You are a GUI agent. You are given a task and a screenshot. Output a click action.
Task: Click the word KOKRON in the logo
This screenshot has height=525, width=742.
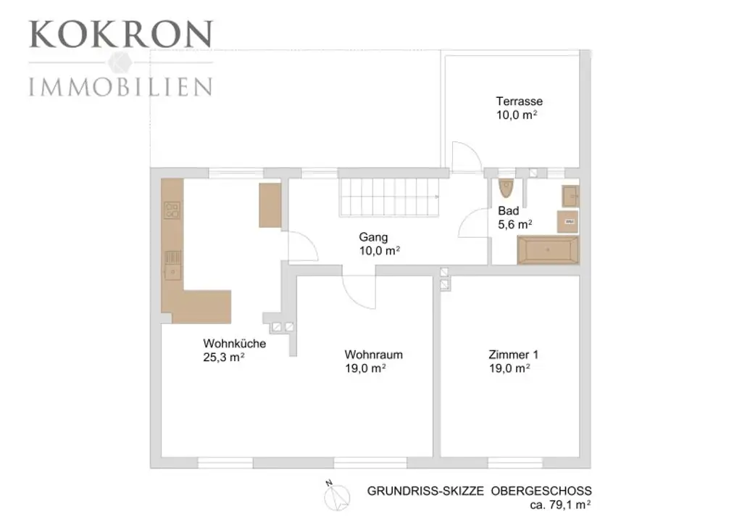pos(121,34)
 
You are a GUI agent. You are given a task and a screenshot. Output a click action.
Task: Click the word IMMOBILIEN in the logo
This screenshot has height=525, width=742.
pos(121,87)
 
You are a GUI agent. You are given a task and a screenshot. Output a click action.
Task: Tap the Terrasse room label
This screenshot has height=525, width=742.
pos(519,102)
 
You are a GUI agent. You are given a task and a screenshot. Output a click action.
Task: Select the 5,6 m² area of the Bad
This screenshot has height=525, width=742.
pos(515,224)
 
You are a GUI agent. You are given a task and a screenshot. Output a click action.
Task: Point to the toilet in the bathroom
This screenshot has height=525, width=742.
pos(506,188)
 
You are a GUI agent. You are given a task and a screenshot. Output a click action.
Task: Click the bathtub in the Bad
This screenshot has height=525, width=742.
pos(548,249)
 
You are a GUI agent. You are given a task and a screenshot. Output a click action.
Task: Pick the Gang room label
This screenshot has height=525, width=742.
pos(373,237)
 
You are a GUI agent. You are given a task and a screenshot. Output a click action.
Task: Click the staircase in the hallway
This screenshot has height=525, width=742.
pos(389,197)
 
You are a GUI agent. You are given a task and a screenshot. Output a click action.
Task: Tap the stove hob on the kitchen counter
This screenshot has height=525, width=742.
pos(172,210)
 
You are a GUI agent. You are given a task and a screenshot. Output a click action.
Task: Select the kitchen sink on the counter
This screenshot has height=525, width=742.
pos(172,265)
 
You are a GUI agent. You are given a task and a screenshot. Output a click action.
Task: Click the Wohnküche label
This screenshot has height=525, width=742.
pos(235,344)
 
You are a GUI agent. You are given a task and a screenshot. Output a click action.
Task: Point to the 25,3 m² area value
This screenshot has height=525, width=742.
pos(224,357)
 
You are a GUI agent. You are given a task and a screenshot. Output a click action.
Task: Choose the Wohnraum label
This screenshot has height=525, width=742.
pos(373,355)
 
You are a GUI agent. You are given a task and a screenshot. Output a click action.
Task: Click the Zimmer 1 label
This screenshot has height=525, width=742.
pos(514,355)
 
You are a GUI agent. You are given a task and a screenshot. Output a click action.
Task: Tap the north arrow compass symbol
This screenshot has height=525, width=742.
pos(336,496)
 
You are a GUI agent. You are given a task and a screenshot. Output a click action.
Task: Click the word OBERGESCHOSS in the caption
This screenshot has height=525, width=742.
pos(541,491)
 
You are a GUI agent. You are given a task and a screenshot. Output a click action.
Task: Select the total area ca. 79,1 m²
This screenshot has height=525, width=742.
pos(560,505)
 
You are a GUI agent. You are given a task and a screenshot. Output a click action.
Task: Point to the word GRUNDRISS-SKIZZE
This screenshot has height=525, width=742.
pos(425,491)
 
